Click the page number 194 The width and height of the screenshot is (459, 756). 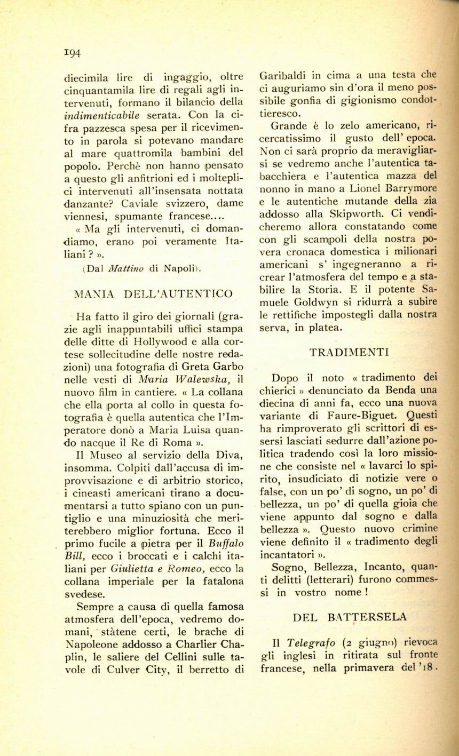pyautogui.click(x=72, y=53)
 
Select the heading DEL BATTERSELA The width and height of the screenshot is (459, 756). pyautogui.click(x=350, y=617)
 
